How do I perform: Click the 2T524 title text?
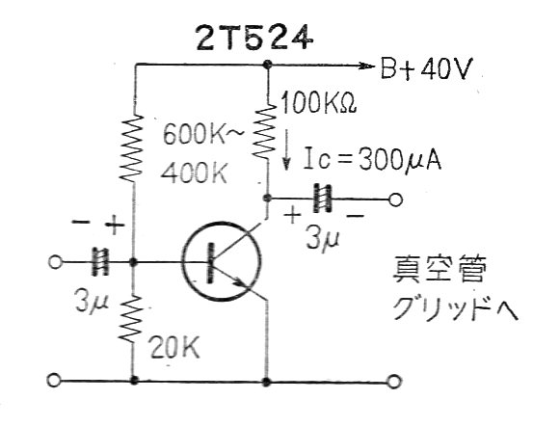(x=254, y=38)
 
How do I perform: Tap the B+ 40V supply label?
(x=427, y=68)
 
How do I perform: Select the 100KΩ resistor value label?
(x=318, y=102)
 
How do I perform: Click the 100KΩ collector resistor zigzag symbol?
(x=268, y=131)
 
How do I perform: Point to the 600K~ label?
(x=203, y=135)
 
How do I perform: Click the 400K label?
(x=194, y=173)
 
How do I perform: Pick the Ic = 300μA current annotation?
(x=373, y=158)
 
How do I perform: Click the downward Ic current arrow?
(x=286, y=149)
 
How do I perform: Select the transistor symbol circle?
(x=222, y=261)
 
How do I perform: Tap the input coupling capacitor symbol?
(x=100, y=262)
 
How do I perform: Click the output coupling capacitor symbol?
(x=322, y=199)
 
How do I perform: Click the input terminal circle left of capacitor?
(x=55, y=262)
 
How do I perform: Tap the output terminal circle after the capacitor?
(x=395, y=200)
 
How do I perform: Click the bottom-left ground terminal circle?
(x=54, y=381)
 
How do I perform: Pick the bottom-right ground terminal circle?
(x=393, y=382)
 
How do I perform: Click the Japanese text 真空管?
(x=439, y=269)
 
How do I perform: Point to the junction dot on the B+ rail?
(x=268, y=65)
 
